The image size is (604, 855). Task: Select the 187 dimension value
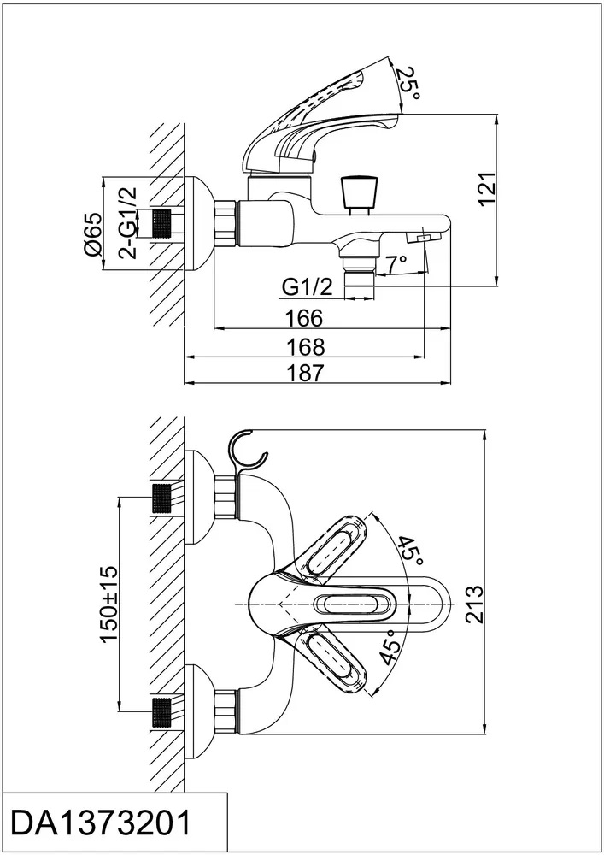[x=305, y=373]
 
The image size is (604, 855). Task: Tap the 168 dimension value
[x=305, y=346]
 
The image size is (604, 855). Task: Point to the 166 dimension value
[x=305, y=319]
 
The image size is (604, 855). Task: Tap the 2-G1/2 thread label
[x=128, y=225]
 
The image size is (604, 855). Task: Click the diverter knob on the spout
[x=357, y=192]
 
